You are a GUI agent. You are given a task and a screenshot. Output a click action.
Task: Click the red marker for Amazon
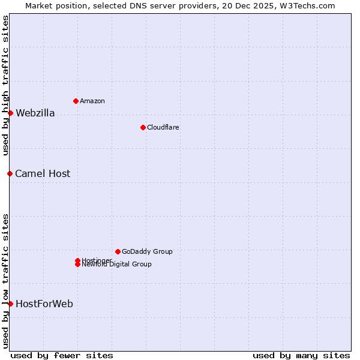pos(76,101)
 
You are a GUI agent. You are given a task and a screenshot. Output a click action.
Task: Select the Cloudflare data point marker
pos(143,127)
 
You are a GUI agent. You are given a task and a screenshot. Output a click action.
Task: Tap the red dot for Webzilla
pos(10,113)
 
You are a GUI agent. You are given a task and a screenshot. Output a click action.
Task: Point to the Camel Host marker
pos(10,173)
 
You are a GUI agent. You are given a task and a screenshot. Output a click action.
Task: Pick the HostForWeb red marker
pos(10,304)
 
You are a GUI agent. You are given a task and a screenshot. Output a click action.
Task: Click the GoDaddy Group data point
pos(118,251)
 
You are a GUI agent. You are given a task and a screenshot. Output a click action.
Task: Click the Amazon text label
pos(92,101)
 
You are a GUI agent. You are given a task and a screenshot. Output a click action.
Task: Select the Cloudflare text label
pos(163,127)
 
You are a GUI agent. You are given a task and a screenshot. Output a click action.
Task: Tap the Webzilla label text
pos(35,113)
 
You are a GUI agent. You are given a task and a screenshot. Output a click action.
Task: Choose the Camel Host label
pos(43,174)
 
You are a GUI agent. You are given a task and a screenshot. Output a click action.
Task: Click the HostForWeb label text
pos(44,304)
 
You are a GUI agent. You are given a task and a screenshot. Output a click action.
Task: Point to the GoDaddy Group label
pos(147,251)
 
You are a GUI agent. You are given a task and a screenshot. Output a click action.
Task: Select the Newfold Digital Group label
pos(117,264)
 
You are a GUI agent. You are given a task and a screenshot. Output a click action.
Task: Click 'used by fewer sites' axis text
pos(62,355)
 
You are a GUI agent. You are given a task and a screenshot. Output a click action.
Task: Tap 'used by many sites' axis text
pos(301,355)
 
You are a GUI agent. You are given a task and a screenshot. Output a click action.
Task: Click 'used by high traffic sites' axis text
pos(6,86)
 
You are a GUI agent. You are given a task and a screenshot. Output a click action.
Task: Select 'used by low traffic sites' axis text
pos(6,280)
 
